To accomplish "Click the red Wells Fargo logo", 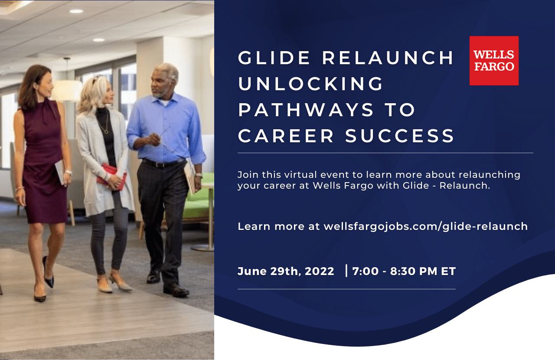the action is coord(494,61).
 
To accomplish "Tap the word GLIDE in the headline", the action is coord(274,58).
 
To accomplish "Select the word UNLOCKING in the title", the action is coord(311,84).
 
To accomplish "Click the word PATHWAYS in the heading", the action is coord(306,110).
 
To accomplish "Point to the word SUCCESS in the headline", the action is coord(400,136).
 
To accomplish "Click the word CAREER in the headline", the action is coord(286,136).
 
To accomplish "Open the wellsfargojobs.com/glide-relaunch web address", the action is coord(426,226).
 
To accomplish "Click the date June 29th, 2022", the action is coord(286,271).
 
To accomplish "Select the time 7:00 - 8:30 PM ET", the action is coord(404,271).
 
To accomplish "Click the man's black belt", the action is coord(163,164).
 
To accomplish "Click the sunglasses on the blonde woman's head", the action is coord(97,79).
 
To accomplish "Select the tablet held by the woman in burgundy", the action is coord(60,172).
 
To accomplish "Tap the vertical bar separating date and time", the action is coord(346,271).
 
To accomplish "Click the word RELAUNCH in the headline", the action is coord(388,58).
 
